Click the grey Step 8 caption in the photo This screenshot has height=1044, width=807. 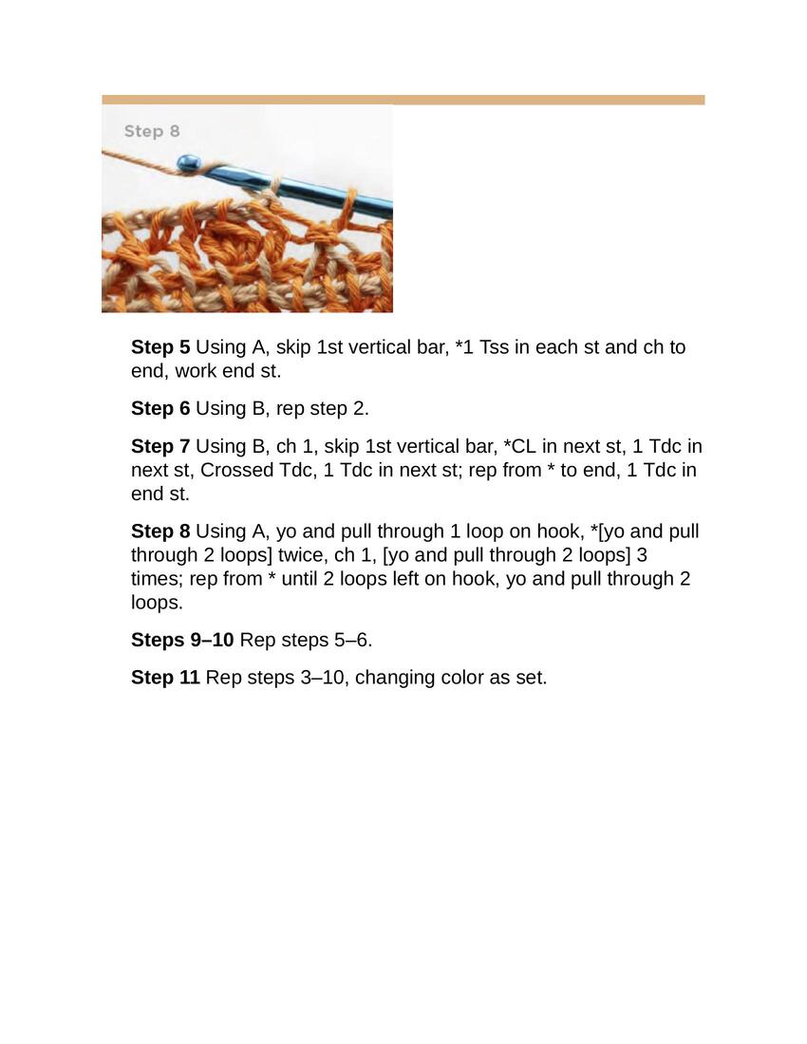pos(152,131)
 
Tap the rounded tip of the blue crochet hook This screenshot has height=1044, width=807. pos(187,162)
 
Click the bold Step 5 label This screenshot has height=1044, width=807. pos(160,346)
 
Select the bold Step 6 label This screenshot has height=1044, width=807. pos(160,408)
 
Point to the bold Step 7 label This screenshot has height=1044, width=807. pos(160,446)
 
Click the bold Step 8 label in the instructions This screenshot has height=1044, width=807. pos(160,531)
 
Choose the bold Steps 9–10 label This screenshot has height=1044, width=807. pos(182,640)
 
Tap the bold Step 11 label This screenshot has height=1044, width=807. pos(166,677)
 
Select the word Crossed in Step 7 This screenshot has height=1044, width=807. pos(235,470)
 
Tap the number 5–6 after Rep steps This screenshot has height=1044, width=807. pos(353,640)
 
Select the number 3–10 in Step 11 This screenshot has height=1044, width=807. pos(325,677)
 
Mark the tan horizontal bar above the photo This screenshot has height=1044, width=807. pos(403,100)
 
